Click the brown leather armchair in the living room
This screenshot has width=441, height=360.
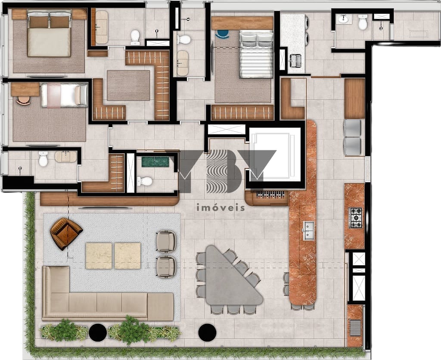[65, 233]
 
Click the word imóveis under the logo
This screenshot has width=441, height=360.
[220, 208]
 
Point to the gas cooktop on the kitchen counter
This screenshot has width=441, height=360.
[356, 218]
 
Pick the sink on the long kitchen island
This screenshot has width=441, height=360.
[308, 230]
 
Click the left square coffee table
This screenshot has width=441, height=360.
[99, 256]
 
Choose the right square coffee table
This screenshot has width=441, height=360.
[127, 256]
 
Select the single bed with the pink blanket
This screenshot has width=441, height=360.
[64, 95]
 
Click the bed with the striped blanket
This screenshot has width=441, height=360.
[256, 55]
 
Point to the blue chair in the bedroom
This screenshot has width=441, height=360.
[223, 34]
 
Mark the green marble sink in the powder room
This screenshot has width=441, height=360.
[155, 162]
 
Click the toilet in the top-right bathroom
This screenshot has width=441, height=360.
[363, 22]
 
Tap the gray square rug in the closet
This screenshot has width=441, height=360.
[128, 85]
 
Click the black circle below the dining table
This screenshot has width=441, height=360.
[207, 332]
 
